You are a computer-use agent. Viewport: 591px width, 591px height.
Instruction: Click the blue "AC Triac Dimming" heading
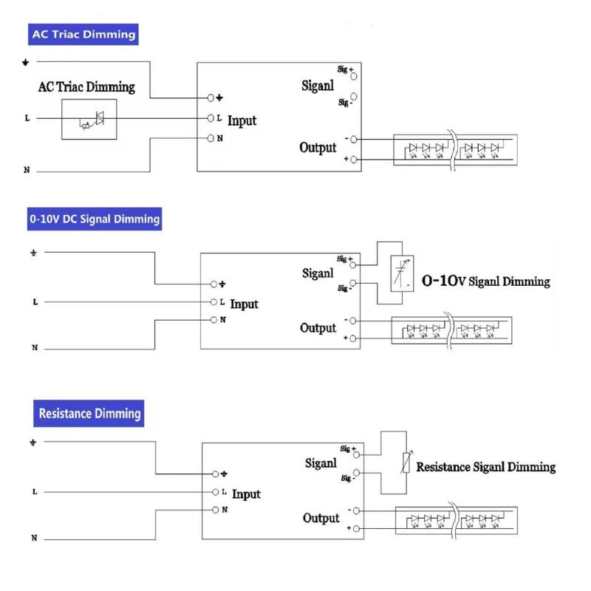[83, 34]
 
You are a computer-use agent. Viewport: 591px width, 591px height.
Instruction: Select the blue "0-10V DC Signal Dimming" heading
[95, 219]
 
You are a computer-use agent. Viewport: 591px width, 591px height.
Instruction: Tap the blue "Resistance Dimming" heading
[89, 413]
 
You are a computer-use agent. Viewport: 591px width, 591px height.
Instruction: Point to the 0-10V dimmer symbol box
[403, 271]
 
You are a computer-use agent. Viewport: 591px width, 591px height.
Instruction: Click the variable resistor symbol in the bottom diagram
[403, 463]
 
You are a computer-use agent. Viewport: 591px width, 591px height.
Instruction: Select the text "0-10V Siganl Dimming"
[485, 281]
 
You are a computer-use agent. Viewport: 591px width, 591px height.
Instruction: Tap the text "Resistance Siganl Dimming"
[485, 467]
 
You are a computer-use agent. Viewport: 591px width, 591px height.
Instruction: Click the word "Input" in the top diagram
[242, 120]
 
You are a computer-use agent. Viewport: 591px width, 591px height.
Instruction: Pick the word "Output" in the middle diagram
[318, 328]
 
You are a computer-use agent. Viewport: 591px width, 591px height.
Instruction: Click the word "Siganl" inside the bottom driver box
[321, 463]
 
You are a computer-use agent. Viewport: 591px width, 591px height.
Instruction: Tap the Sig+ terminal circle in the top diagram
[353, 75]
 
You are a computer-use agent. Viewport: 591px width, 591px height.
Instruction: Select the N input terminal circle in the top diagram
[211, 138]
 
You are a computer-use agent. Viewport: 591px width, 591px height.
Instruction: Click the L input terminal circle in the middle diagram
[213, 301]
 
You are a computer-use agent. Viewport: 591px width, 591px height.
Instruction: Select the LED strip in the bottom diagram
[457, 519]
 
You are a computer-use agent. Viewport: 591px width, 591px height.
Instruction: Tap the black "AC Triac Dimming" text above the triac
[86, 87]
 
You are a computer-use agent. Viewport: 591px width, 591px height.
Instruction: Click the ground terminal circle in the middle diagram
[213, 284]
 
